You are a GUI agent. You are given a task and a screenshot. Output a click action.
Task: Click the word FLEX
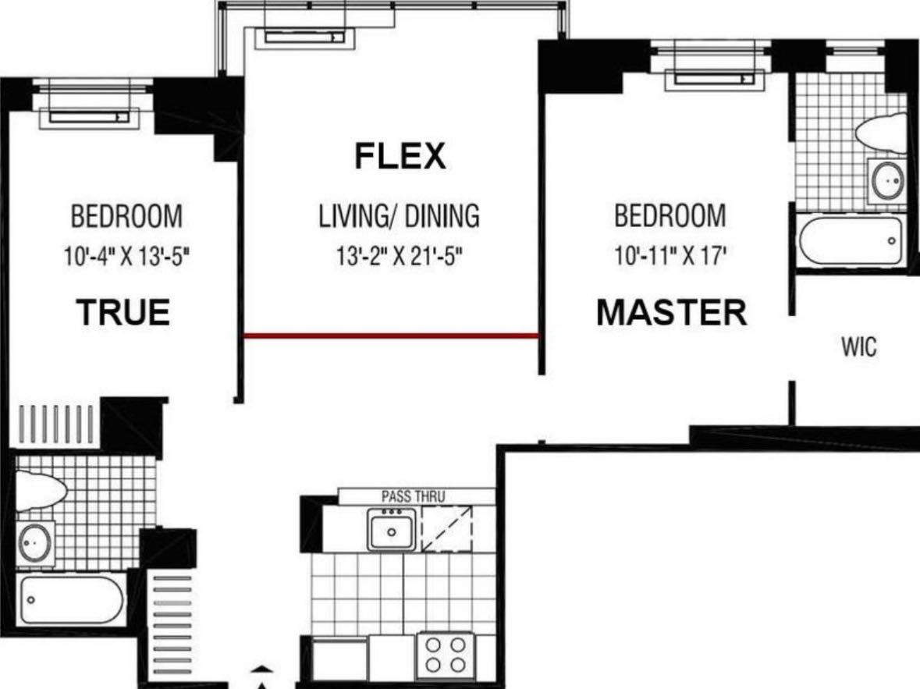tap(400, 156)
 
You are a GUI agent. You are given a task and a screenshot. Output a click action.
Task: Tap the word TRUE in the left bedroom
tap(123, 313)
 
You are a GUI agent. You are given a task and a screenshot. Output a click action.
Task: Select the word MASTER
tap(671, 313)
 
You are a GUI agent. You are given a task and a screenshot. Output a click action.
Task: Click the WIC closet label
tap(858, 347)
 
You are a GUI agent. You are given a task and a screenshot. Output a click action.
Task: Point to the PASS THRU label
tap(413, 496)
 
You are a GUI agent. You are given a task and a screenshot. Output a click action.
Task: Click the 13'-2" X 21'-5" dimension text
tap(400, 257)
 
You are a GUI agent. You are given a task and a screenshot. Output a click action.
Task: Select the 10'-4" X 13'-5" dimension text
tap(126, 257)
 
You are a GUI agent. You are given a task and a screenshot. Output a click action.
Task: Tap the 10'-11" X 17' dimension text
tap(670, 257)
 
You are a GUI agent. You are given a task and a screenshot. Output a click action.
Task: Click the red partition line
tap(391, 336)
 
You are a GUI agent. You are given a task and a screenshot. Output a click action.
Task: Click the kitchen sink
tap(392, 530)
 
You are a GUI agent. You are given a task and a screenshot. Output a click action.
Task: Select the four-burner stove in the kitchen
tap(445, 655)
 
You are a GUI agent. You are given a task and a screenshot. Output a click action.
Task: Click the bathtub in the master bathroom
tap(851, 240)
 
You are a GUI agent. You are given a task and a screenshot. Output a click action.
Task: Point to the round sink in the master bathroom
tap(887, 181)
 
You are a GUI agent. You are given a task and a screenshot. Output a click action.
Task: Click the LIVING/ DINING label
tap(399, 216)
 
